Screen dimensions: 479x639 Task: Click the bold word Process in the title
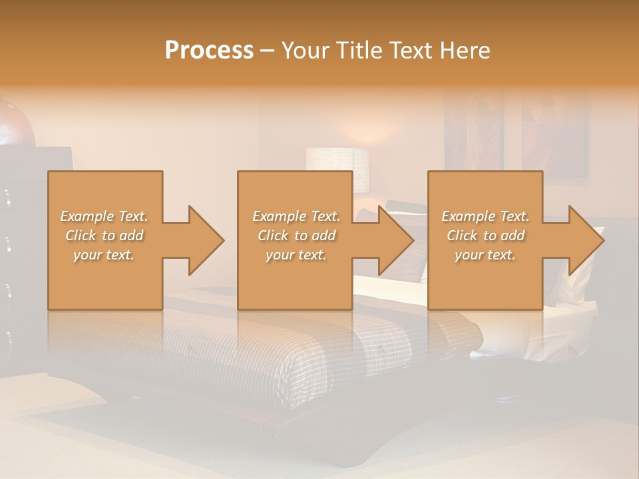(209, 51)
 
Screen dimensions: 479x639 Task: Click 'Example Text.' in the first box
(105, 216)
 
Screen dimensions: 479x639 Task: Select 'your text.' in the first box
(105, 255)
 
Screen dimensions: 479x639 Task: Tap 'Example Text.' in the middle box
(296, 216)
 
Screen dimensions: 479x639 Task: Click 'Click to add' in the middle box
(296, 236)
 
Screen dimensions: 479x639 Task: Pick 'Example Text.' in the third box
(485, 216)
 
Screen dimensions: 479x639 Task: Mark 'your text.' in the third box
(485, 255)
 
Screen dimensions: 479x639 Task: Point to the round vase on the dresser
(15, 123)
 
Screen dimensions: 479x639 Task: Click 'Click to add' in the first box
(105, 236)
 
